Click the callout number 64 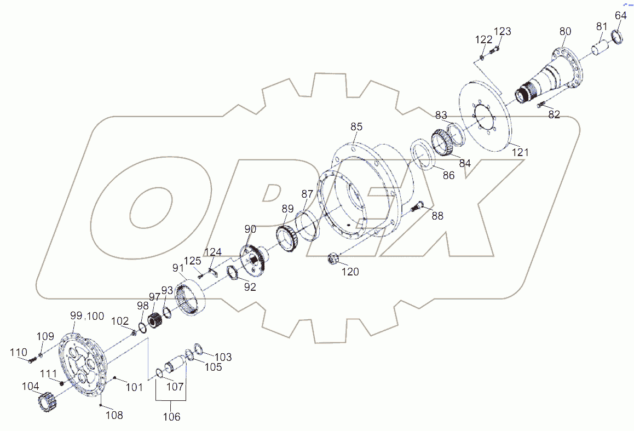pos(620,16)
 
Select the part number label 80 pos(566,31)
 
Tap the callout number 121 pos(520,152)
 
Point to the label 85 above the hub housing pos(356,127)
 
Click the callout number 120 pos(350,271)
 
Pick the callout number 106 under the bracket pos(171,417)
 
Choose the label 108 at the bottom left pos(114,415)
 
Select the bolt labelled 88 pos(419,206)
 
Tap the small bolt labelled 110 pos(31,359)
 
